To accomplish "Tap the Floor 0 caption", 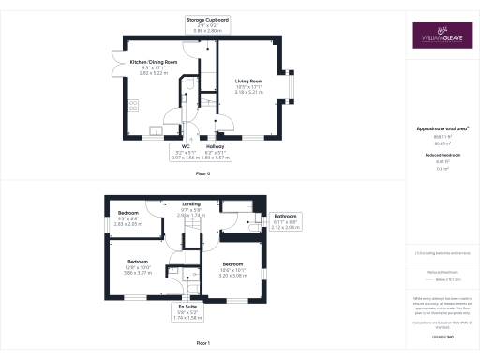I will click(202, 174).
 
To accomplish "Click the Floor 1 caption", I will click(202, 344).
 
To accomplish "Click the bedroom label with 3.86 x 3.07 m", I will click(138, 265).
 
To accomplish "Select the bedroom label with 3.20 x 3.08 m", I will click(232, 269).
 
